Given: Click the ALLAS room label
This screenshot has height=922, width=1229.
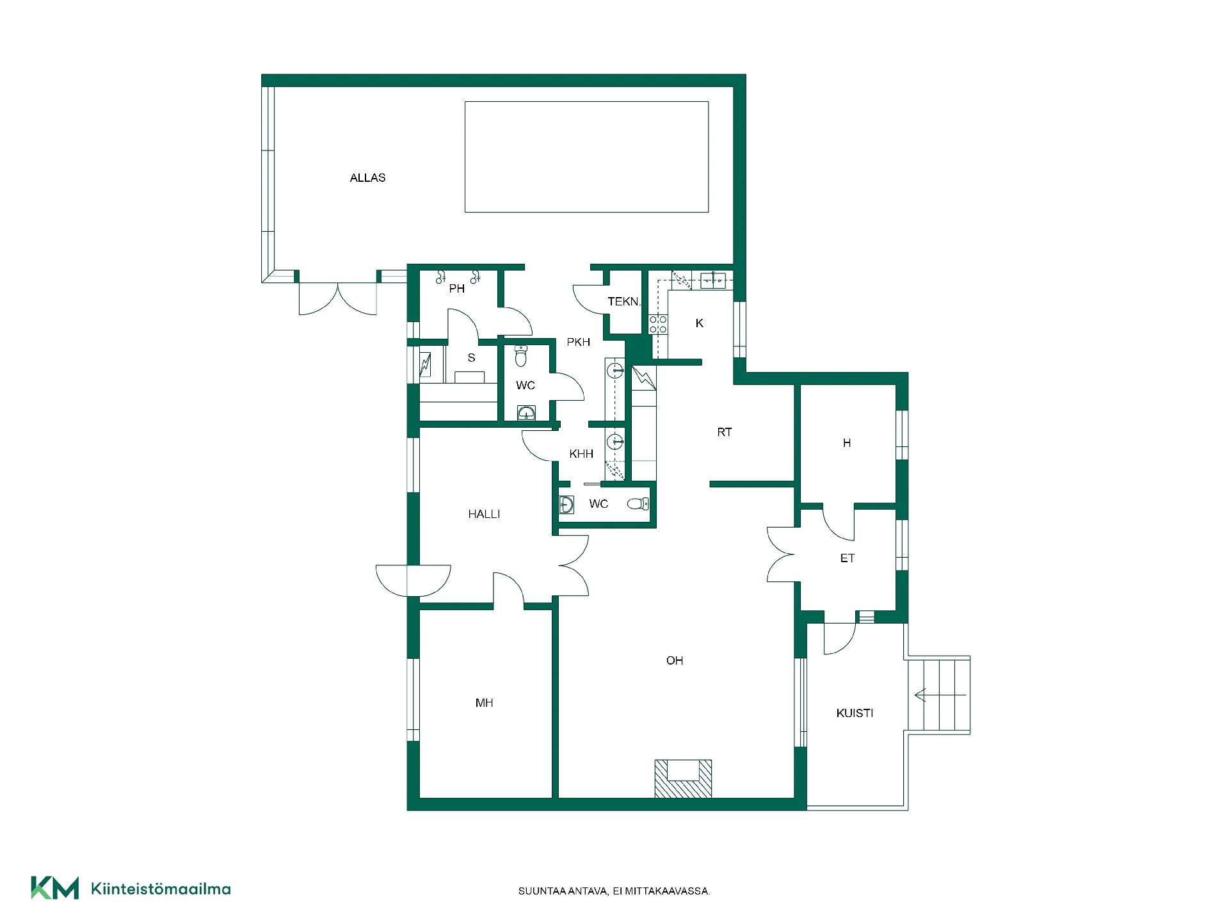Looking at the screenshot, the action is coord(367,178).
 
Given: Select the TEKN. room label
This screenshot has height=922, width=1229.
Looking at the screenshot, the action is coord(624,302).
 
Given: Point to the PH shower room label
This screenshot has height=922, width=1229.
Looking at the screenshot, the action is coord(456,289).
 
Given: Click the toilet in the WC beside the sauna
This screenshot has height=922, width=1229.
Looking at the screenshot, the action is coord(520,356).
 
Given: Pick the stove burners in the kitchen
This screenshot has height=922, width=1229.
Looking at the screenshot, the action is coord(659,325).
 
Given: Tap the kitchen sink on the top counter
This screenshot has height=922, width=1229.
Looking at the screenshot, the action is coord(712,280).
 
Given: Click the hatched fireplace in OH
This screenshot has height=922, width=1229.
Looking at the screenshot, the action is coord(683,779).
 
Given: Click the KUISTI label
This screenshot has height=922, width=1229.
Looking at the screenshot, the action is coord(855,713).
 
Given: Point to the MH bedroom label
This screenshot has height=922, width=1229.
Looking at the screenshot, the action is coord(484,703).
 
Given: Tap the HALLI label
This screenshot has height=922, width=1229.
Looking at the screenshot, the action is coord(484,514).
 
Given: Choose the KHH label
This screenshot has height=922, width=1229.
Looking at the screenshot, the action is coord(581,454).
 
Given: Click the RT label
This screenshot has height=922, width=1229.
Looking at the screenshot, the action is coord(724,433).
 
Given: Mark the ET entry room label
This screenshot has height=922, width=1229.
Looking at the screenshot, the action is coord(847,559).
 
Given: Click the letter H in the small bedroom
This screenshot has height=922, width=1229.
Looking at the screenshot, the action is coord(847,443).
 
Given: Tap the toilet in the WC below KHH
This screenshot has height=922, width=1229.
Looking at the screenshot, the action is coord(637,504).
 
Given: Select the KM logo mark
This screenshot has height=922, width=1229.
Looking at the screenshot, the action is coord(55,888).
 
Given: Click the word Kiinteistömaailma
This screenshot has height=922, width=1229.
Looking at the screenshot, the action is coord(161,889).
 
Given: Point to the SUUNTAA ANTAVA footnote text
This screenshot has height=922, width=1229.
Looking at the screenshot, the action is coord(614,891).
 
